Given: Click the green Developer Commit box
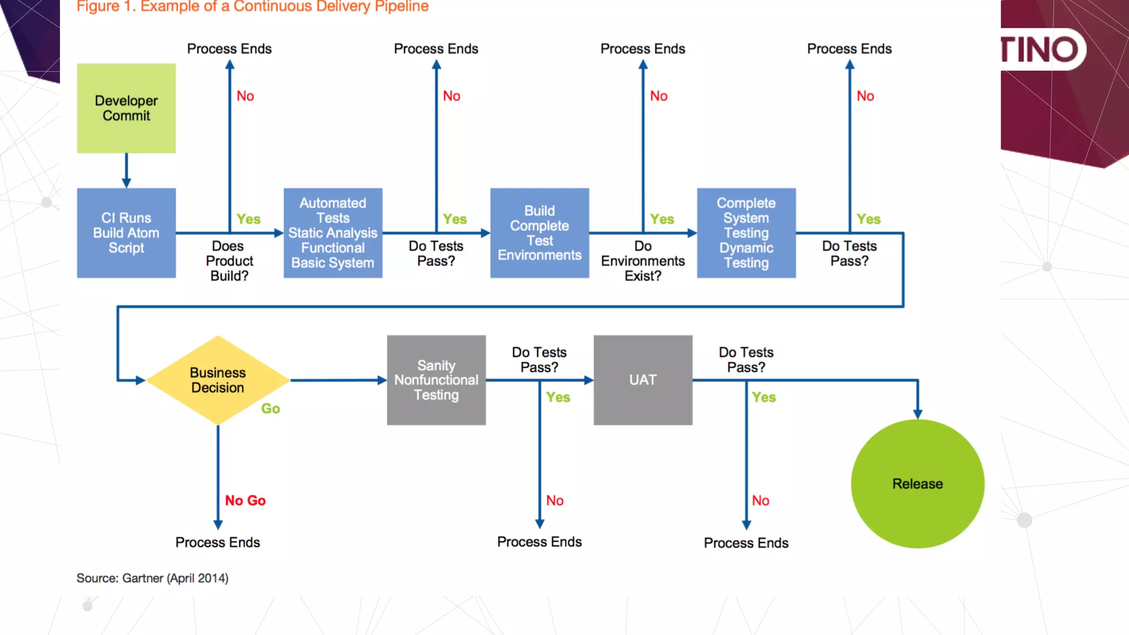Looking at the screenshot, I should [x=126, y=108].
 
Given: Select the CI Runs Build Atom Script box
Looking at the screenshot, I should [x=126, y=233].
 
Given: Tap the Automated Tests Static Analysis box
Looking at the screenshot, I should [x=332, y=233].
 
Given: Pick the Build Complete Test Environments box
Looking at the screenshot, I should [x=539, y=233].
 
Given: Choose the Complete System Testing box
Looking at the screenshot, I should [x=746, y=233].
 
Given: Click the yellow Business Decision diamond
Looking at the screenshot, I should [x=218, y=380].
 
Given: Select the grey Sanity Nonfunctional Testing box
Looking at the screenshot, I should [x=436, y=380].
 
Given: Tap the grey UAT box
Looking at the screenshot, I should [x=643, y=380].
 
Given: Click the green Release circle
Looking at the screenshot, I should [x=917, y=483].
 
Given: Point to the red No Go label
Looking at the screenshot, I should [x=245, y=501].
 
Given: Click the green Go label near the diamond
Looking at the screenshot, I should [x=270, y=408].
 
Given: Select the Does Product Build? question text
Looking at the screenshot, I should [x=229, y=261].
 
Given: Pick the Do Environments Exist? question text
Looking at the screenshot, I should [x=643, y=261].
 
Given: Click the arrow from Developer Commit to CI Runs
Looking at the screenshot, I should [x=126, y=171].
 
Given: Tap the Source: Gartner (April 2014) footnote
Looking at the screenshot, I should [x=152, y=578].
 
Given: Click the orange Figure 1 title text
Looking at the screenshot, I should [x=252, y=7].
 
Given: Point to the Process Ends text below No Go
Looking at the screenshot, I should [x=218, y=542].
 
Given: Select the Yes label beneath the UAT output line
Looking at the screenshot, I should [x=764, y=397].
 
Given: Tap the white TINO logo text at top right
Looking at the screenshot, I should [x=1039, y=50].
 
